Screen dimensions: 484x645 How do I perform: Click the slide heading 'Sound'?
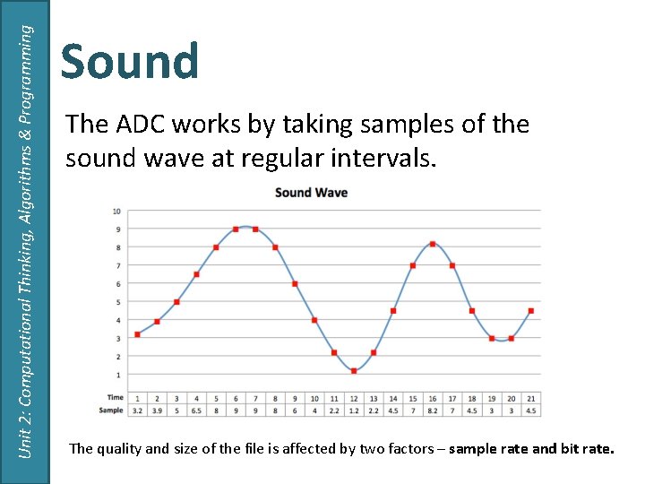(x=130, y=62)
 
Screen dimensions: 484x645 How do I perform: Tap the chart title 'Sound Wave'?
(x=311, y=192)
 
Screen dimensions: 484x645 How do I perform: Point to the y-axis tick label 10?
(x=116, y=212)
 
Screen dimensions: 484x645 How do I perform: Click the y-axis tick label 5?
(x=117, y=302)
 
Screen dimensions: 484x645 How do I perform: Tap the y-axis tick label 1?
(x=117, y=375)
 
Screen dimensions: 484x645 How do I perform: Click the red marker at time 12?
(x=354, y=370)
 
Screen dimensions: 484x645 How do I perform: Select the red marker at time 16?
(x=433, y=244)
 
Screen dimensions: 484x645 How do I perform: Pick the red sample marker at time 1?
(x=137, y=334)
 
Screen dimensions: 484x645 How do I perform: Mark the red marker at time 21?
(x=531, y=311)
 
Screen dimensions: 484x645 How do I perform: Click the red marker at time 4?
(x=196, y=274)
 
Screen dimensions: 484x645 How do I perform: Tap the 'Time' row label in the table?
(x=115, y=398)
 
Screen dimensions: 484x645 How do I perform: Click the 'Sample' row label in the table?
(x=111, y=410)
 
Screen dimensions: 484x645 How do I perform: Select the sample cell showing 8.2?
(x=433, y=410)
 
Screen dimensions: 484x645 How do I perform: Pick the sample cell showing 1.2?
(x=354, y=410)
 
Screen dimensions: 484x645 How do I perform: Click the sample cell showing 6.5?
(x=196, y=410)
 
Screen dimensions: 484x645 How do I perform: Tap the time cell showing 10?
(x=314, y=398)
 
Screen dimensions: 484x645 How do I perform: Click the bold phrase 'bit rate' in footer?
(x=588, y=448)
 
